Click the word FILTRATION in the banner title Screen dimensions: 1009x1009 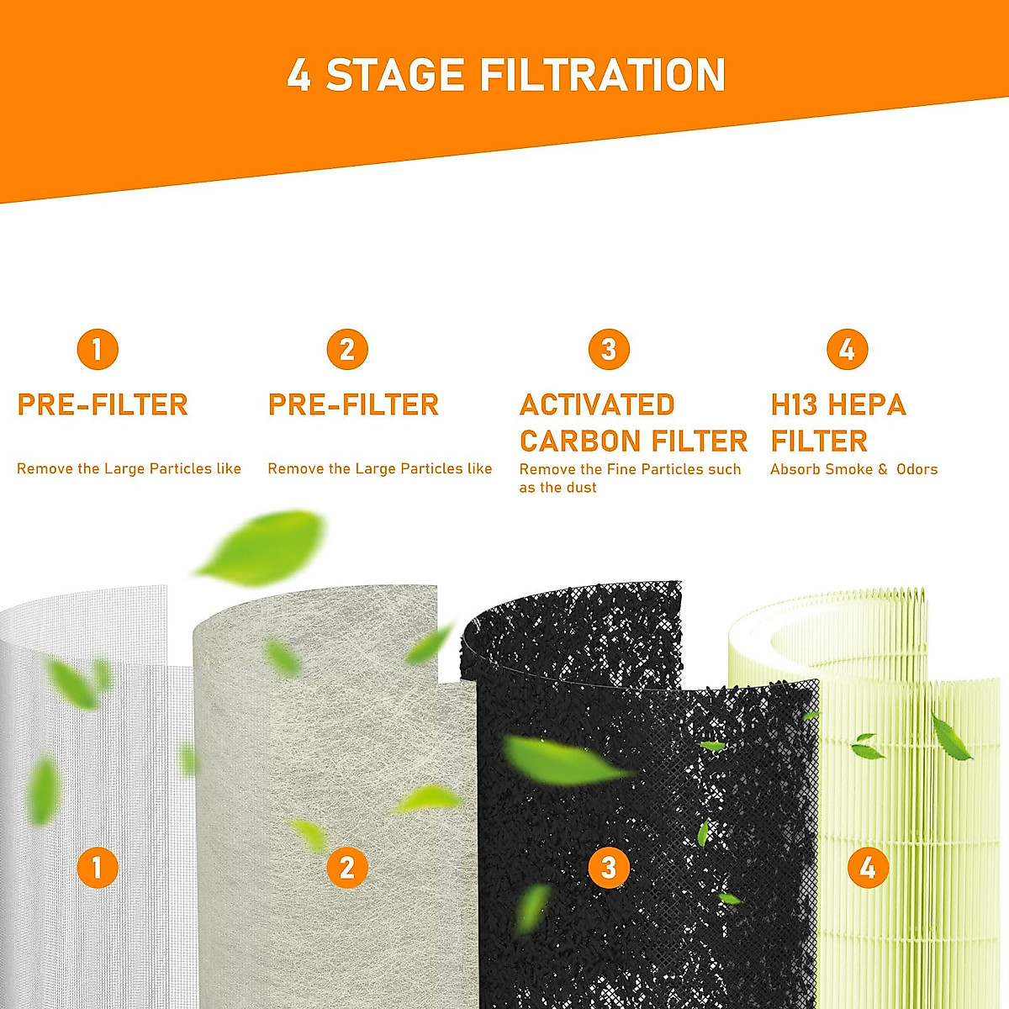(x=602, y=76)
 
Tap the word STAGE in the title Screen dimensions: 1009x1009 (x=394, y=76)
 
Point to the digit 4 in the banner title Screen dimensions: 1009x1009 (x=298, y=76)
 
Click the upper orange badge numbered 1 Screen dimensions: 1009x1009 (x=98, y=350)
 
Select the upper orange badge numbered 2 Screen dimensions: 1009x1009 (x=347, y=350)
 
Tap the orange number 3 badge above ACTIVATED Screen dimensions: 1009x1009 (x=609, y=350)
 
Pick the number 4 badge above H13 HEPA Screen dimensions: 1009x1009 (x=847, y=350)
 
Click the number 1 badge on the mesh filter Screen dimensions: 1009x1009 (x=98, y=867)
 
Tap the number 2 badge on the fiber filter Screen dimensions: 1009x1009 (x=347, y=867)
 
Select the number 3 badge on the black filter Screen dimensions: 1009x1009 (x=609, y=867)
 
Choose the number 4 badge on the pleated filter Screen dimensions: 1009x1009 (x=868, y=867)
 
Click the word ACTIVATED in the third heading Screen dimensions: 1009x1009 (x=597, y=405)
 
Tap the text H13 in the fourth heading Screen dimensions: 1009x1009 (x=794, y=405)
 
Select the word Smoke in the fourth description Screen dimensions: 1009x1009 (x=848, y=469)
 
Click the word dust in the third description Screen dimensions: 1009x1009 (x=580, y=488)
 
